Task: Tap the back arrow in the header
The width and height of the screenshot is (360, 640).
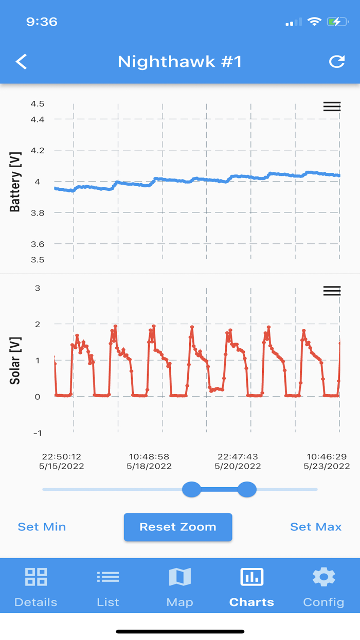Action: click(21, 62)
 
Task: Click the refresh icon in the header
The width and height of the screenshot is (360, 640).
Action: click(337, 62)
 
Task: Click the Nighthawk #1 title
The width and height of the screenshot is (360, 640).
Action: click(179, 62)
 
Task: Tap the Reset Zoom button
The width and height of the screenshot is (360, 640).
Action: click(178, 527)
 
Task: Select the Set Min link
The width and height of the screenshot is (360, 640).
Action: click(42, 527)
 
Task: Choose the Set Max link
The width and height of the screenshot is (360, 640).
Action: click(316, 527)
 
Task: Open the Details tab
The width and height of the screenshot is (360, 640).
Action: click(36, 586)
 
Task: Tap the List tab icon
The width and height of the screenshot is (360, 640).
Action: click(108, 577)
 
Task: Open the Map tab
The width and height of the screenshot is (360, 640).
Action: click(180, 586)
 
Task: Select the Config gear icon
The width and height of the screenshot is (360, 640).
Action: click(323, 577)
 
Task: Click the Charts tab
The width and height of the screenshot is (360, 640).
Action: click(251, 586)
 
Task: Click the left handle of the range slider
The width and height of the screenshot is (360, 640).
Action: click(192, 489)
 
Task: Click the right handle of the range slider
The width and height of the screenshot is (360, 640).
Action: click(247, 489)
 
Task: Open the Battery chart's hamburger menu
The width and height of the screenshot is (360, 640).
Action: click(332, 106)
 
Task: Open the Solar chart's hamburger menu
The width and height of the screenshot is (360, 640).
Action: click(332, 291)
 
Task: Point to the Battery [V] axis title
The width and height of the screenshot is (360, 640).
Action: click(15, 182)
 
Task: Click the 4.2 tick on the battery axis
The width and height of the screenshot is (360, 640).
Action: click(38, 151)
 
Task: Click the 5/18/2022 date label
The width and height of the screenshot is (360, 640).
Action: click(149, 467)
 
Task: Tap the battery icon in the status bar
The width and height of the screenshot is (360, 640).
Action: click(338, 22)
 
